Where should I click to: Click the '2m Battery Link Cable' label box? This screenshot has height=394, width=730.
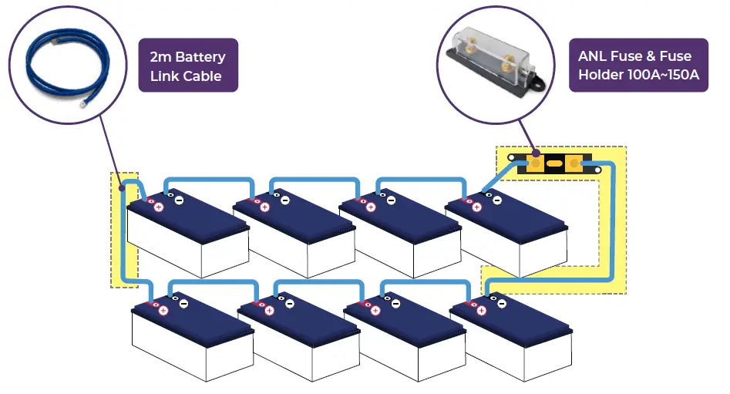[x=187, y=66]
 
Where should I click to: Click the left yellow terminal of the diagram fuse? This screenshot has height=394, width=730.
[x=533, y=164]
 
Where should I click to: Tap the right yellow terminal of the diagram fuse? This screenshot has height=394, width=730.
[x=574, y=164]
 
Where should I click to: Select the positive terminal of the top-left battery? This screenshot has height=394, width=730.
[x=159, y=207]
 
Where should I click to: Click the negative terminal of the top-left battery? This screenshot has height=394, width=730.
[x=178, y=200]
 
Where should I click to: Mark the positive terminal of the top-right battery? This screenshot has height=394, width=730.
[x=476, y=207]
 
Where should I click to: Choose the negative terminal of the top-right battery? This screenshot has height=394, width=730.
[x=496, y=200]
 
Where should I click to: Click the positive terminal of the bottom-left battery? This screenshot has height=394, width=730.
[x=163, y=310]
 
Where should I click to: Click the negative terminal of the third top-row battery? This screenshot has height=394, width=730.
[x=391, y=200]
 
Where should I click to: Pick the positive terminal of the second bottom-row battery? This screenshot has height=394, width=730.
[x=269, y=310]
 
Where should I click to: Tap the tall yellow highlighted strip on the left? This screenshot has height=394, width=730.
[x=123, y=231]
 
